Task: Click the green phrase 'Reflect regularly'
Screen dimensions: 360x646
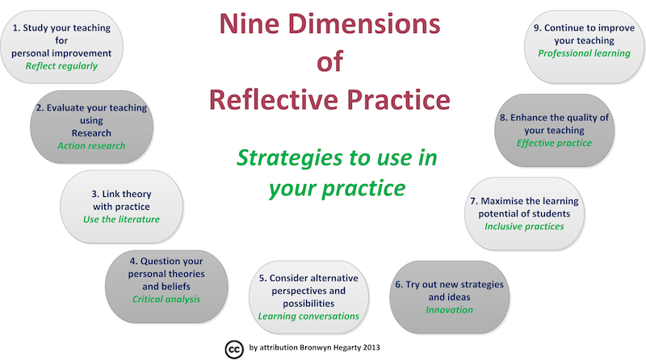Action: (x=61, y=66)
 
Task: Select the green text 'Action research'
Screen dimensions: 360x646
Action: (x=91, y=146)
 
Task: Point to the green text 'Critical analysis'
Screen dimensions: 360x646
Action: (x=166, y=299)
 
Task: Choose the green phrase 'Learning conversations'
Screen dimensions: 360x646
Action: (x=308, y=316)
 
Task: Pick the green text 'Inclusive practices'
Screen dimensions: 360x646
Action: (x=524, y=226)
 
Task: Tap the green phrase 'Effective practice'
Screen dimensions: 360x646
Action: (x=554, y=143)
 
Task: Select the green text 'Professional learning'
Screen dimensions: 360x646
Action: (x=584, y=53)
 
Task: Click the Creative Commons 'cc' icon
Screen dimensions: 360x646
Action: (x=233, y=347)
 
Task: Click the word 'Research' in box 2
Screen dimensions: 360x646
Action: (x=91, y=132)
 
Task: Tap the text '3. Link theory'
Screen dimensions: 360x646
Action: (x=121, y=194)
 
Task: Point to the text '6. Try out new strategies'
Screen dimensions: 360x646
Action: (x=448, y=285)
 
